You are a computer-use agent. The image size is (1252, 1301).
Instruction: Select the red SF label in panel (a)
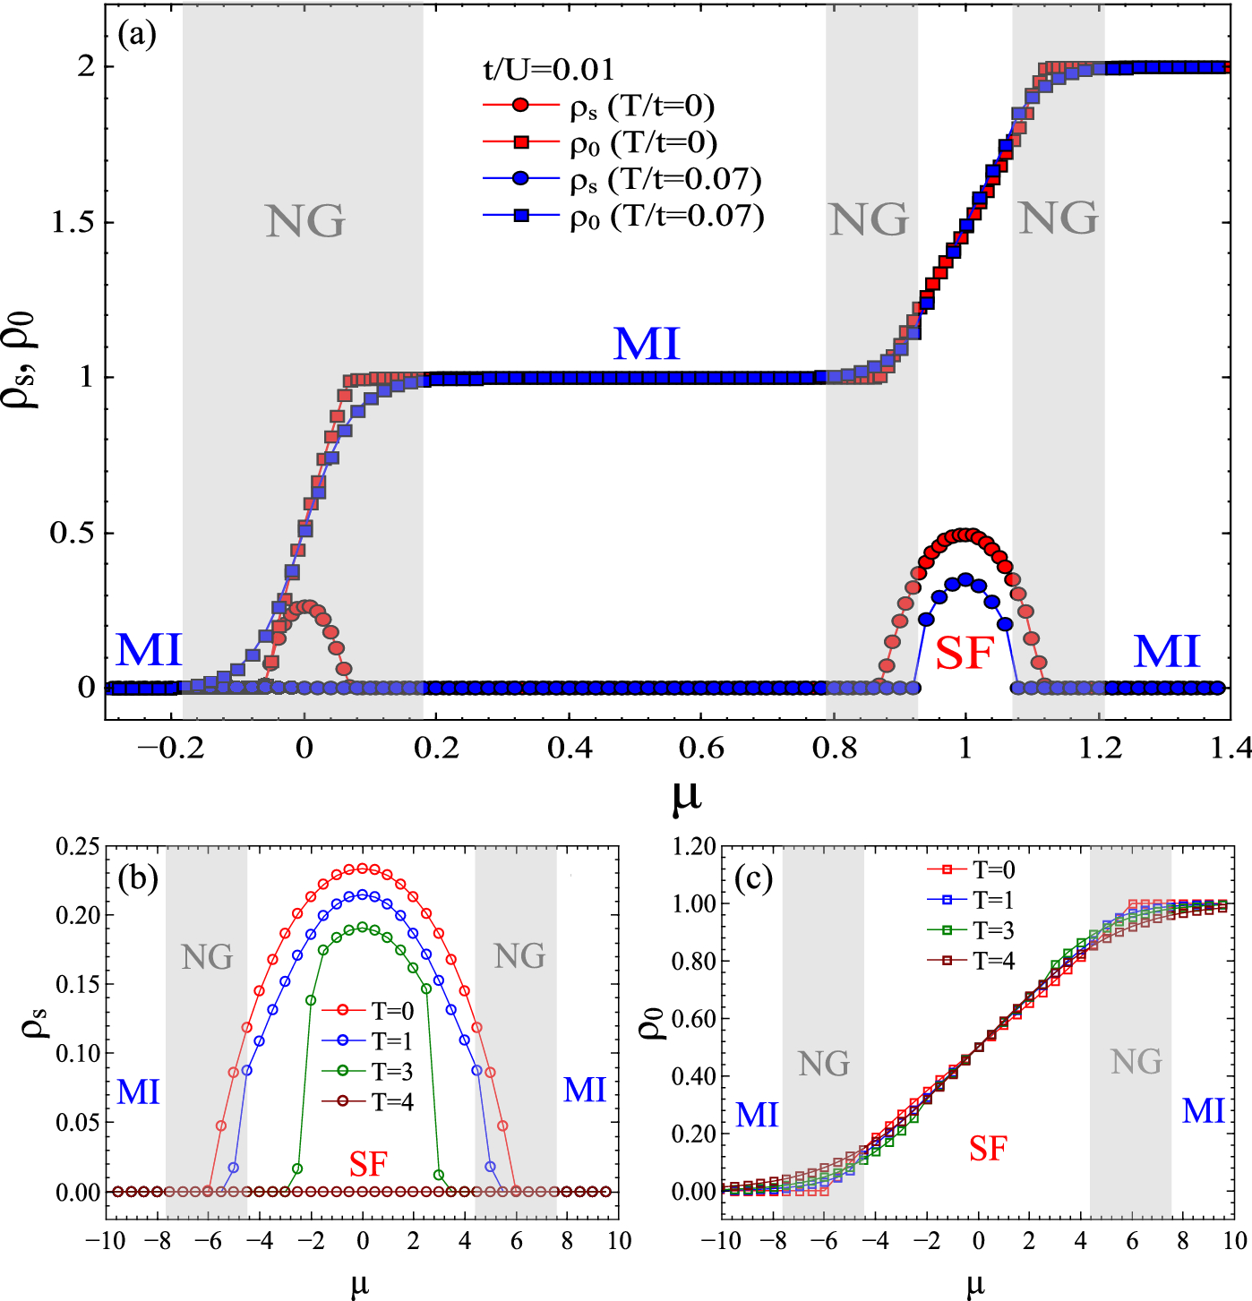pos(965,653)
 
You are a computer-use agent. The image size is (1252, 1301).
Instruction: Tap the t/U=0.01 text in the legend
pos(549,70)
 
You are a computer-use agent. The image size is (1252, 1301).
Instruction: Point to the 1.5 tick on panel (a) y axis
pos(73,222)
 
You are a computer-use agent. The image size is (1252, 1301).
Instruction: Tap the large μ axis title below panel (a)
pos(687,796)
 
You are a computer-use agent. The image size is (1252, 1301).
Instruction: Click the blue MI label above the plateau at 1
pos(647,344)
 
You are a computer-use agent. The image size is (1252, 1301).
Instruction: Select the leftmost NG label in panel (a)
pos(304,221)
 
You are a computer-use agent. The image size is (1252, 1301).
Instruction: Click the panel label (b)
pos(138,877)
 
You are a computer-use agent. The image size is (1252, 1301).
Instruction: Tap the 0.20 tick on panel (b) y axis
pos(78,915)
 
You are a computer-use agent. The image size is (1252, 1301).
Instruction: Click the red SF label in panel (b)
pos(368,1164)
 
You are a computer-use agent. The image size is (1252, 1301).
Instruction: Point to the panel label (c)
pos(753,878)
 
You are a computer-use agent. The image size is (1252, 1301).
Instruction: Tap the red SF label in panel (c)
pos(988,1149)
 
